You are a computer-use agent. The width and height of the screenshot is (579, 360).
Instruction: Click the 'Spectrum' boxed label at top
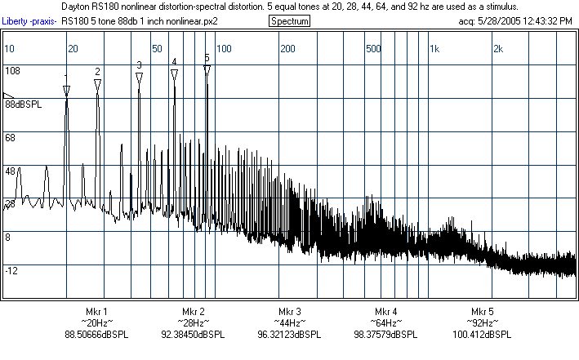tap(289, 20)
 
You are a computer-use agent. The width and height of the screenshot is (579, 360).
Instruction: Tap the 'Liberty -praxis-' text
tap(29, 20)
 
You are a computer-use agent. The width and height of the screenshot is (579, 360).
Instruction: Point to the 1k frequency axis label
tap(434, 49)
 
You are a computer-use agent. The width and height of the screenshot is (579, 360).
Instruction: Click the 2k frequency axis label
tap(498, 49)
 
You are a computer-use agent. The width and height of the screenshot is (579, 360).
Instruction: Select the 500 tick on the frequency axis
tap(373, 49)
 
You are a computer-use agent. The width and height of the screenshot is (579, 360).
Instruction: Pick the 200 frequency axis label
tap(288, 49)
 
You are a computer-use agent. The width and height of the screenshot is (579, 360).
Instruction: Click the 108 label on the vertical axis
tap(12, 71)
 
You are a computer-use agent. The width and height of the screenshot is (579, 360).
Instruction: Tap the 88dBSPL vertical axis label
tap(24, 104)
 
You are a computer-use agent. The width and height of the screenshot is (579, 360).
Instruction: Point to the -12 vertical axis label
tap(12, 270)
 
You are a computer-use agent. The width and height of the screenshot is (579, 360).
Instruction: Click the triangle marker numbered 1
tap(67, 89)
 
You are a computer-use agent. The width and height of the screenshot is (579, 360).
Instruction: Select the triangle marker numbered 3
tap(140, 76)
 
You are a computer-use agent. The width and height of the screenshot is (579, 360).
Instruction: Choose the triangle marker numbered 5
tap(207, 70)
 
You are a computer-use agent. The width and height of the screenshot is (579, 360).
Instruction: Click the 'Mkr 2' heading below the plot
tap(194, 312)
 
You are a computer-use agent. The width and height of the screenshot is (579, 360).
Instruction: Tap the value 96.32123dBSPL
tap(289, 334)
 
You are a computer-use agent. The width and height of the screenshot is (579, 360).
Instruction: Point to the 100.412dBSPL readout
tap(482, 334)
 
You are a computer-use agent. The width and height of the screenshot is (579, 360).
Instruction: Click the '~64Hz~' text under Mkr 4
tap(385, 323)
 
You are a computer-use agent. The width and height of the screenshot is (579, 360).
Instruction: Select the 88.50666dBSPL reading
tap(96, 334)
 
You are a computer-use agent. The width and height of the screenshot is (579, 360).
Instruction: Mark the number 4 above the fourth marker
tap(174, 61)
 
